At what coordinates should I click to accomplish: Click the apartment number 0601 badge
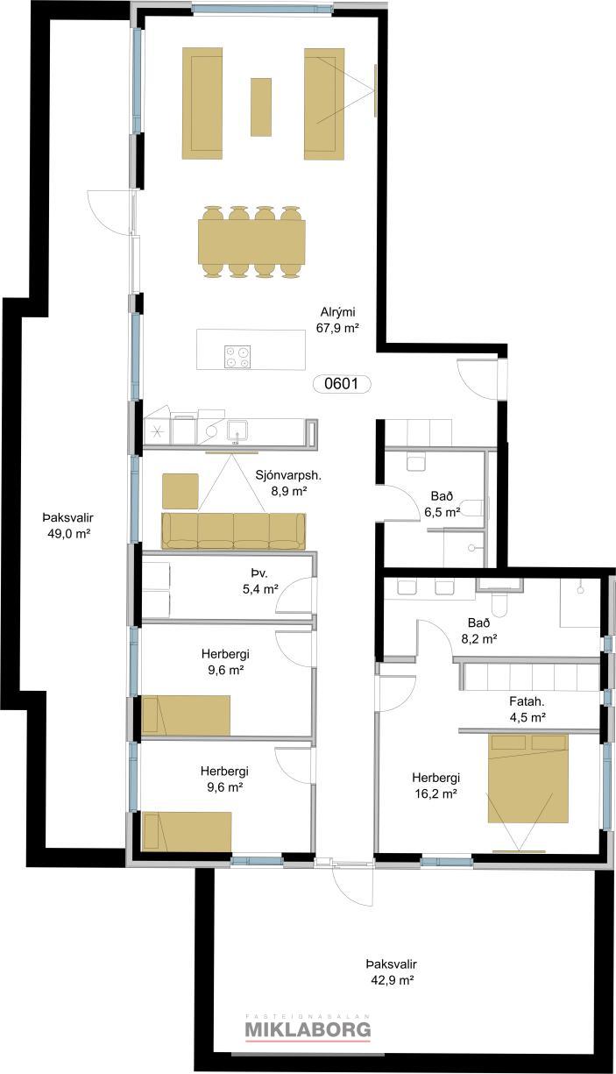tap(342, 384)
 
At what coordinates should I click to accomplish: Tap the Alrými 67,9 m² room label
tap(337, 320)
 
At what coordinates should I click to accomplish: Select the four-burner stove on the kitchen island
tap(237, 356)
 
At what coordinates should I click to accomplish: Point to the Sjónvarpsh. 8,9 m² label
tap(287, 483)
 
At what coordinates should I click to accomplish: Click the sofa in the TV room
tap(233, 531)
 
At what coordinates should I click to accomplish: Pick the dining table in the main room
tap(251, 242)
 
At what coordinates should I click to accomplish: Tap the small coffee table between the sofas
tap(261, 106)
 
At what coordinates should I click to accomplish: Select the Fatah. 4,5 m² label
tap(527, 709)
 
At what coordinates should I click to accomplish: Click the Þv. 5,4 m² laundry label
tap(261, 581)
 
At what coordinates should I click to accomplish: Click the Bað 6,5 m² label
tap(442, 505)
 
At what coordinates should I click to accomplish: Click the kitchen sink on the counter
tap(237, 430)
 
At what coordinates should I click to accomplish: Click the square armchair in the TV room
tap(181, 491)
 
